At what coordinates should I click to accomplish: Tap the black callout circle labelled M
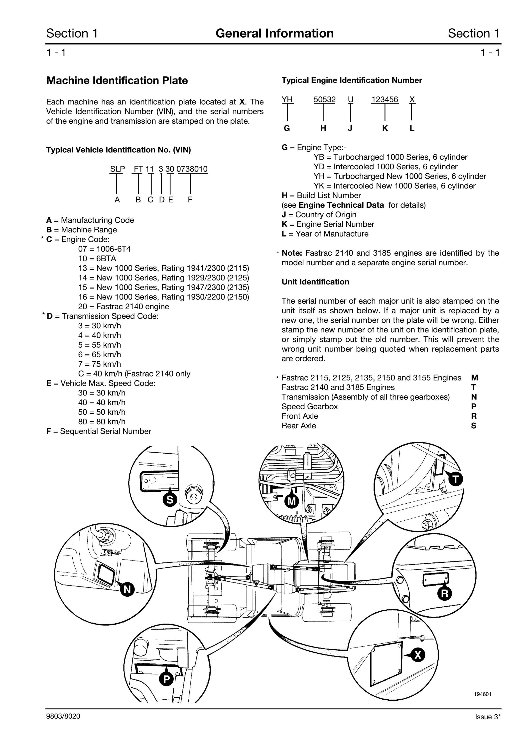[x=292, y=501]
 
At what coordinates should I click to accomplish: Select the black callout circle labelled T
[x=456, y=479]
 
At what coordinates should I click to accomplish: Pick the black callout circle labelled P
[x=166, y=679]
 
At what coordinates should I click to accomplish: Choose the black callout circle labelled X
[x=418, y=655]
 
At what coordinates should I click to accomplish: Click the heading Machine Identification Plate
[x=117, y=81]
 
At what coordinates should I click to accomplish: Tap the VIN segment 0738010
[x=192, y=169]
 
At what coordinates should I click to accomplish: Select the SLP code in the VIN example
[x=117, y=169]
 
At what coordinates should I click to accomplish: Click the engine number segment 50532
[x=325, y=99]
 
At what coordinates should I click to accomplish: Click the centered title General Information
[x=274, y=33]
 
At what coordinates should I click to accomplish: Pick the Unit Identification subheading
[x=315, y=282]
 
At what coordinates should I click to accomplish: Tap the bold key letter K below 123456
[x=385, y=128]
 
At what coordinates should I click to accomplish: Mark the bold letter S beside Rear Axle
[x=474, y=426]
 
